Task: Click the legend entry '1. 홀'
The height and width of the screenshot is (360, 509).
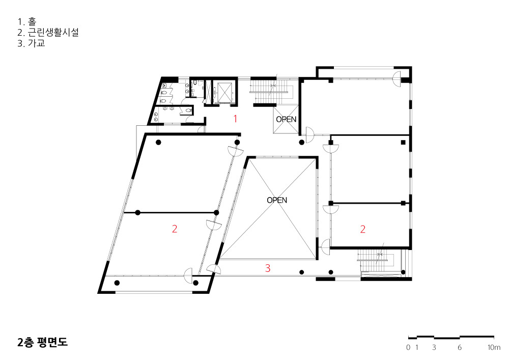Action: click(x=27, y=22)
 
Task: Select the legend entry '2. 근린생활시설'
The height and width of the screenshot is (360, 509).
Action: click(x=48, y=33)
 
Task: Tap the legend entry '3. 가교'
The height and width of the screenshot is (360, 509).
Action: click(x=31, y=43)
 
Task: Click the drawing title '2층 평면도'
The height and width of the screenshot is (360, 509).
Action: click(x=43, y=343)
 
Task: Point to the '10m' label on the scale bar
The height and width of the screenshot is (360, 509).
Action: click(x=494, y=347)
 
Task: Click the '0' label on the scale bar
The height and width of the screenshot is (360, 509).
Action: click(x=408, y=347)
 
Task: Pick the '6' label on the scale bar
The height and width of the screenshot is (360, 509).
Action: click(x=460, y=347)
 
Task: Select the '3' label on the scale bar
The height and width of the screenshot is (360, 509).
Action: click(x=434, y=347)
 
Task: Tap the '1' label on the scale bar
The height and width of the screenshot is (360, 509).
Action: click(x=417, y=347)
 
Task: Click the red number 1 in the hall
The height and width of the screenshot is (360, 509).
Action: click(x=235, y=119)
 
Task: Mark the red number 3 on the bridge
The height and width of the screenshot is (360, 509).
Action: click(x=268, y=268)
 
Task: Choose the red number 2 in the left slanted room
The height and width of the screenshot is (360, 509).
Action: click(x=175, y=229)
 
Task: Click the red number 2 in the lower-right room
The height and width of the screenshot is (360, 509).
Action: click(x=362, y=229)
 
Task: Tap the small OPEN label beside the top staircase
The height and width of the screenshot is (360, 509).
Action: click(x=286, y=120)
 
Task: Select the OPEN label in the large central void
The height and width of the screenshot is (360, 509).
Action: click(x=277, y=200)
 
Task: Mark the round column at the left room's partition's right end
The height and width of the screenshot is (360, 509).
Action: click(x=216, y=213)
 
